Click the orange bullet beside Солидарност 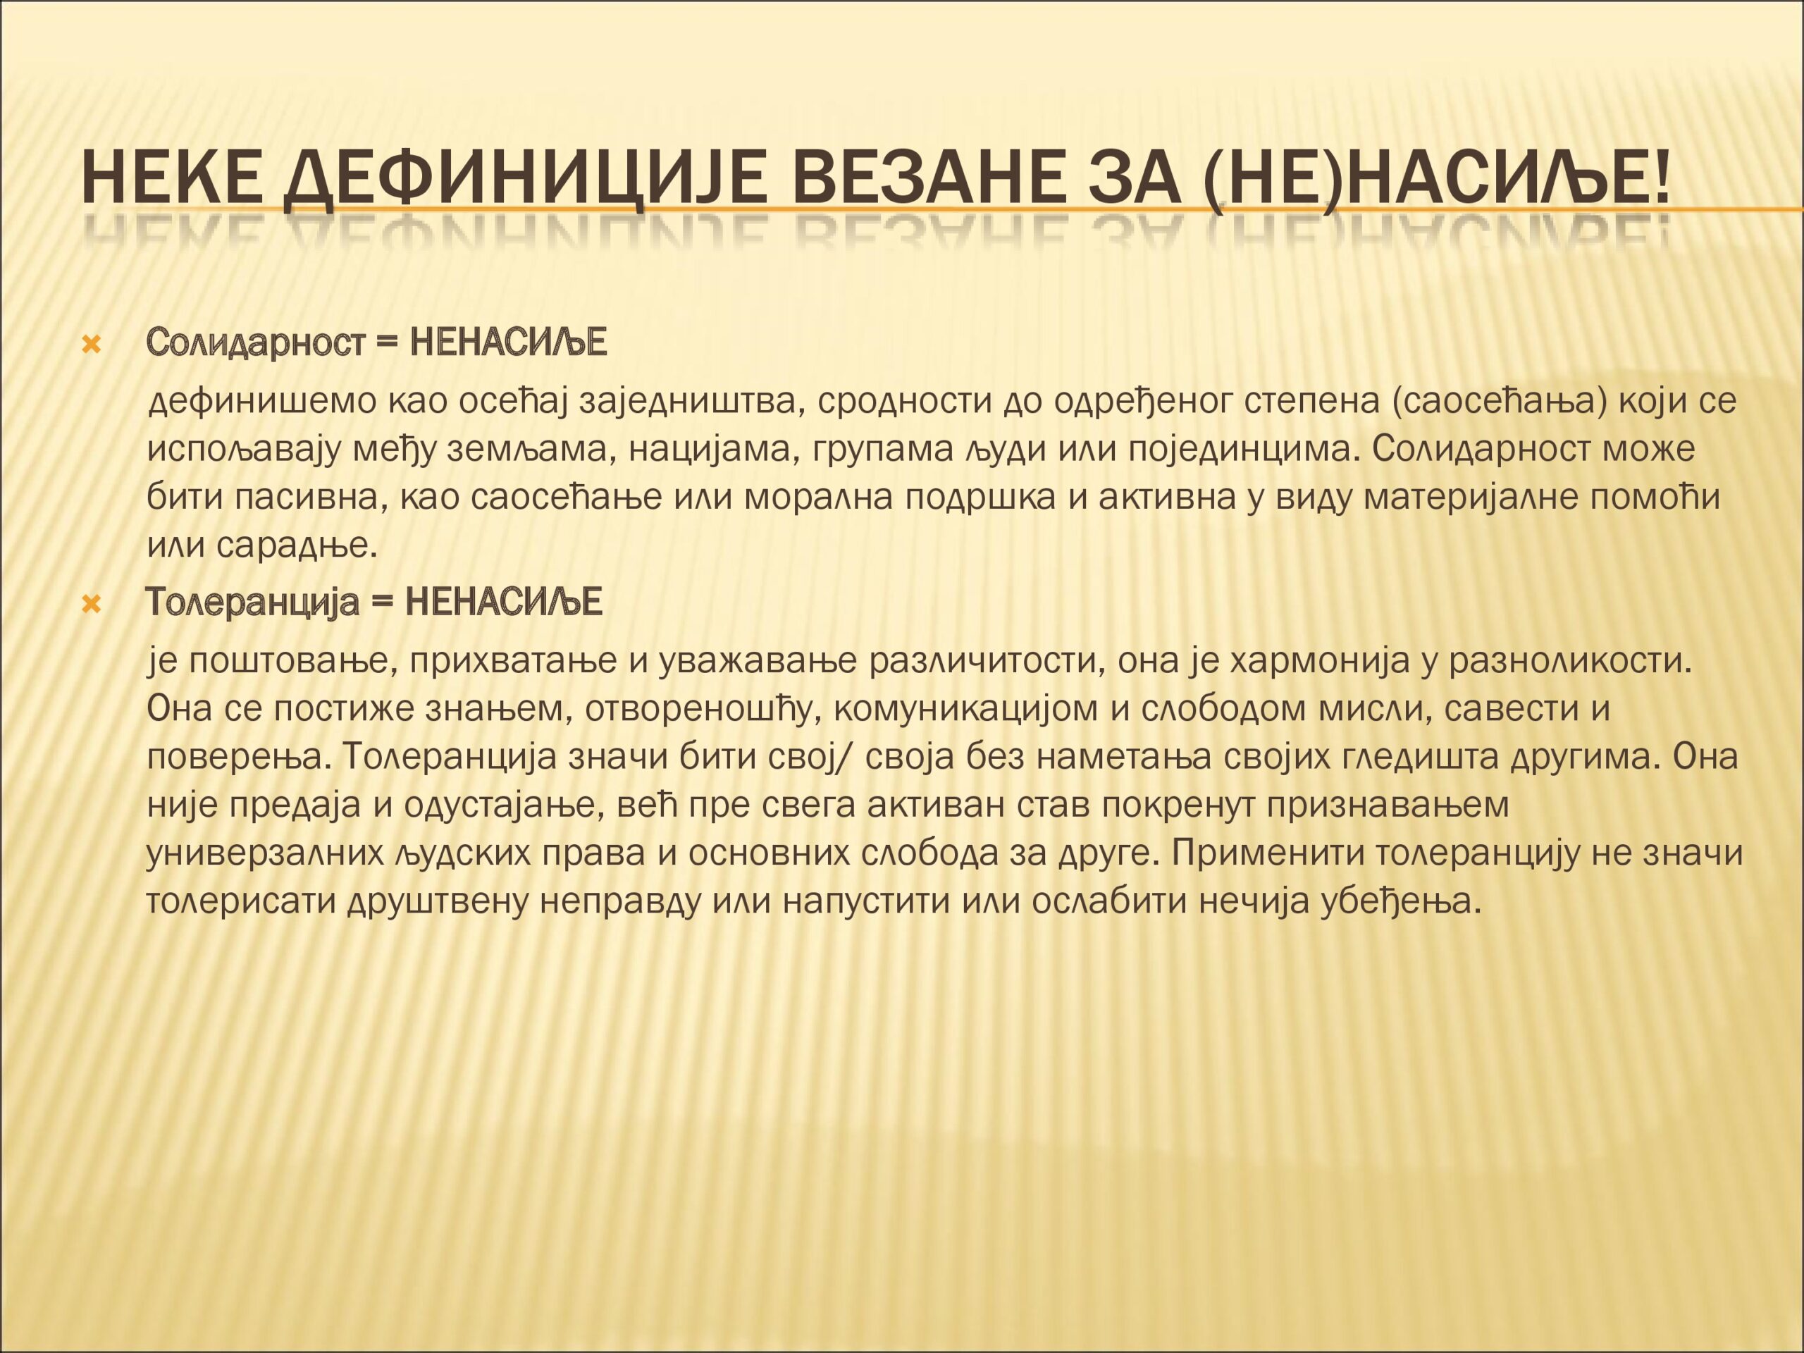coord(92,345)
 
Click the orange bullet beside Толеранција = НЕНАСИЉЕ coord(92,605)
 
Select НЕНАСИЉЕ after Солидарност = coord(508,342)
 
